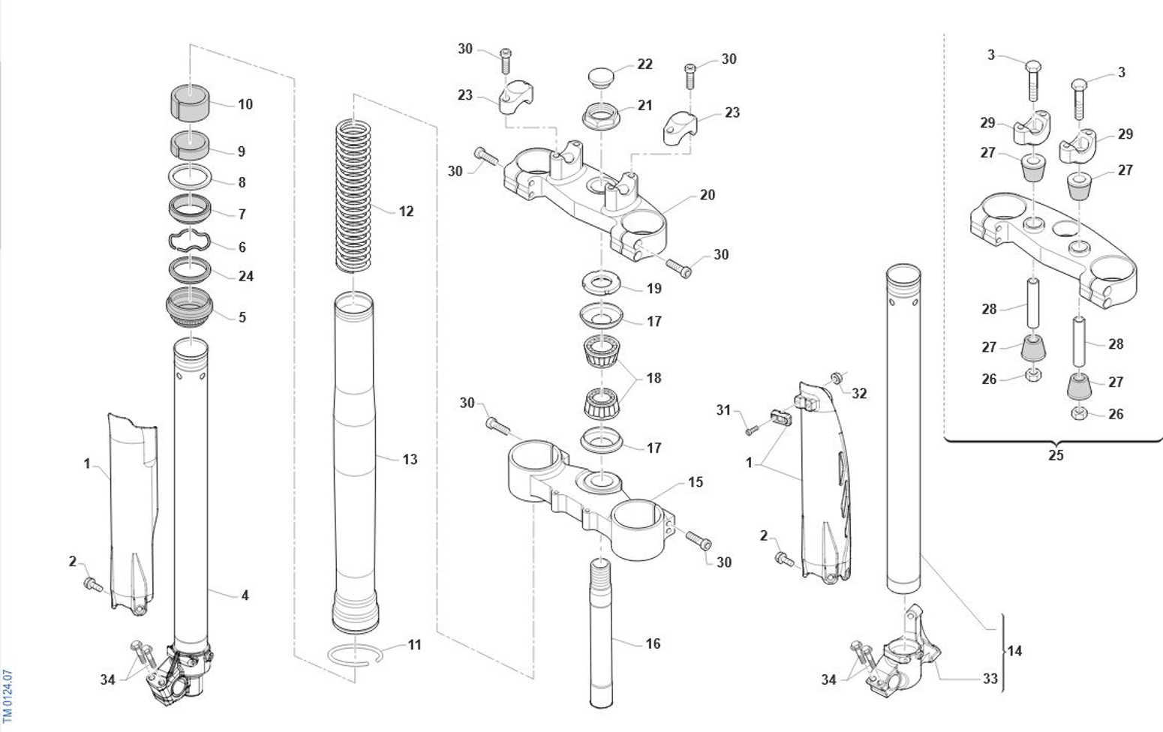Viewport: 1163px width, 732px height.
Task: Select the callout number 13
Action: pyautogui.click(x=410, y=459)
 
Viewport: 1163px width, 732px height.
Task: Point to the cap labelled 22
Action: pyautogui.click(x=600, y=76)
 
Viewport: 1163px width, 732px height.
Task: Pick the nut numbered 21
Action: pyautogui.click(x=600, y=117)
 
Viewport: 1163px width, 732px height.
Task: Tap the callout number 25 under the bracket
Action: pyautogui.click(x=1056, y=455)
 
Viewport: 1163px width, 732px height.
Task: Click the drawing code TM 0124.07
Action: pyautogui.click(x=8, y=696)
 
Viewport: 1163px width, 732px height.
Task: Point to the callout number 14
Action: pyautogui.click(x=1014, y=651)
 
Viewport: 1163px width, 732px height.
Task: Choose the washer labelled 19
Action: pyautogui.click(x=600, y=283)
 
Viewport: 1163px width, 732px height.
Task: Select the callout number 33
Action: pyautogui.click(x=990, y=678)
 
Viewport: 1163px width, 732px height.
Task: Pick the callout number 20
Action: pyautogui.click(x=707, y=195)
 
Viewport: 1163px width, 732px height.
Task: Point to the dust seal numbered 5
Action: pyautogui.click(x=189, y=307)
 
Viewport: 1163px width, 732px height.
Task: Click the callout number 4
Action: pyautogui.click(x=245, y=595)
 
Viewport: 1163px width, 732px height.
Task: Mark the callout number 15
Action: pyautogui.click(x=696, y=481)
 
